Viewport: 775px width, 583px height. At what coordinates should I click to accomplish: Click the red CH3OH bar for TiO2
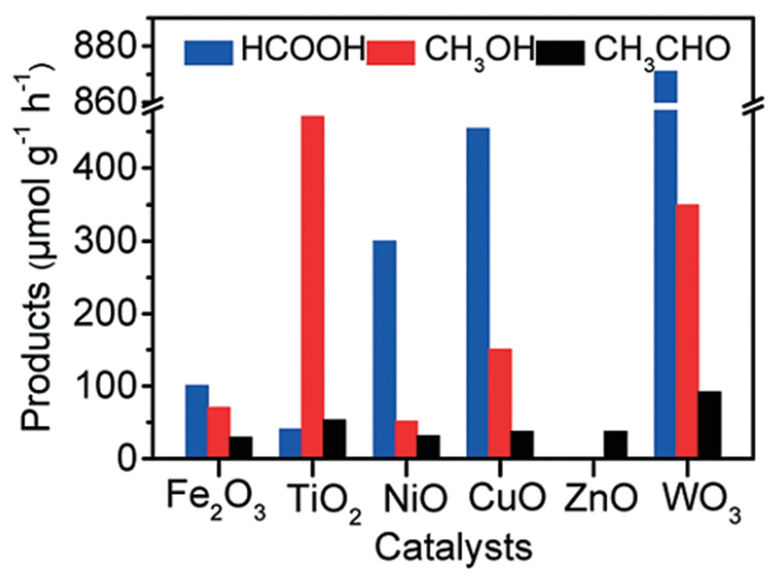[313, 286]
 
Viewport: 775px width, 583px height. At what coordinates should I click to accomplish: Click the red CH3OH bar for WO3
[687, 330]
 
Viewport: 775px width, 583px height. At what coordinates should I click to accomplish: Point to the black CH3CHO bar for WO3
[709, 424]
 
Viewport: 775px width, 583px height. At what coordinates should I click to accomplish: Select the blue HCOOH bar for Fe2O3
[197, 421]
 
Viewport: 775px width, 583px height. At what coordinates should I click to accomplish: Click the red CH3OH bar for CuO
[500, 403]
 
